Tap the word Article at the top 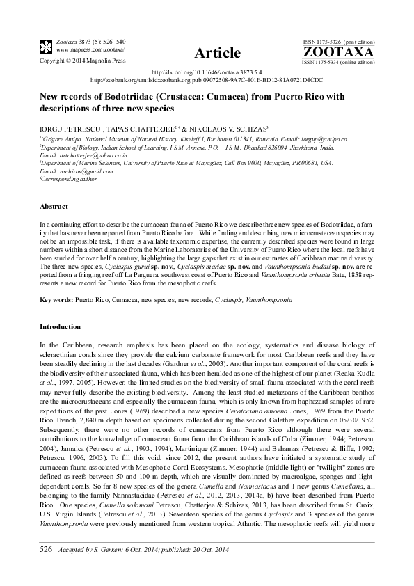[218, 53]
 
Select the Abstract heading [54, 207]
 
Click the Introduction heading [61, 326]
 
